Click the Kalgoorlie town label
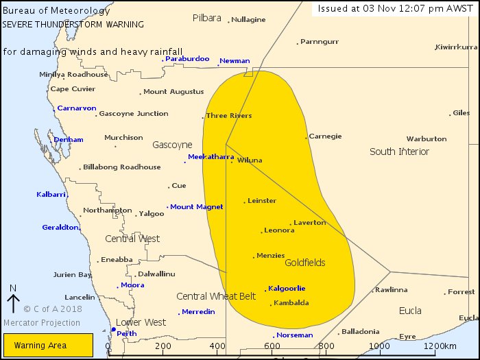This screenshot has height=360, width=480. pyautogui.click(x=287, y=289)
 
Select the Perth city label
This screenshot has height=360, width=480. pyautogui.click(x=127, y=334)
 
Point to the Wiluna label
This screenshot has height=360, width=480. pyautogui.click(x=250, y=160)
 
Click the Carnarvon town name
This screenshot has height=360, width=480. pyautogui.click(x=76, y=108)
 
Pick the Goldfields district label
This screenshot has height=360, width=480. pyautogui.click(x=304, y=263)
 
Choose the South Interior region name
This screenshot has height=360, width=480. pyautogui.click(x=399, y=152)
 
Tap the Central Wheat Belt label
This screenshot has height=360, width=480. pyautogui.click(x=216, y=296)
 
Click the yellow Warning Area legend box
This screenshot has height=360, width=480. pyautogui.click(x=48, y=345)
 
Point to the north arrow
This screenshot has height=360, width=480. pyautogui.click(x=13, y=300)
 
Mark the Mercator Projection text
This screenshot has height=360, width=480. pyautogui.click(x=41, y=323)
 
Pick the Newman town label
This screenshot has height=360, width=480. pyautogui.click(x=235, y=61)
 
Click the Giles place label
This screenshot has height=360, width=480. pyautogui.click(x=461, y=113)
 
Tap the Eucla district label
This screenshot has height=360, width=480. pyautogui.click(x=410, y=311)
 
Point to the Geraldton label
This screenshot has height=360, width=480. pyautogui.click(x=60, y=228)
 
